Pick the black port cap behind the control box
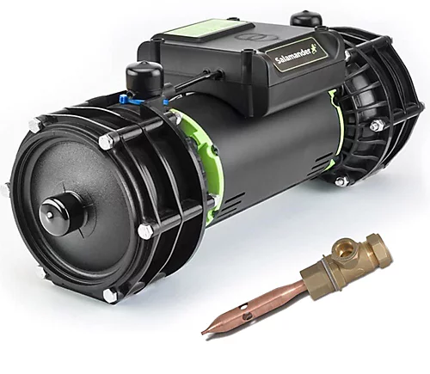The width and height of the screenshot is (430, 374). coord(304,18)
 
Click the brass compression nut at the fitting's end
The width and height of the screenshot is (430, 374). coord(374,256)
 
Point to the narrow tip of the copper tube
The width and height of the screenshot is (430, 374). coord(206,331)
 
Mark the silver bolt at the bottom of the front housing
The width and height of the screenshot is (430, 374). coord(110,295)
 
